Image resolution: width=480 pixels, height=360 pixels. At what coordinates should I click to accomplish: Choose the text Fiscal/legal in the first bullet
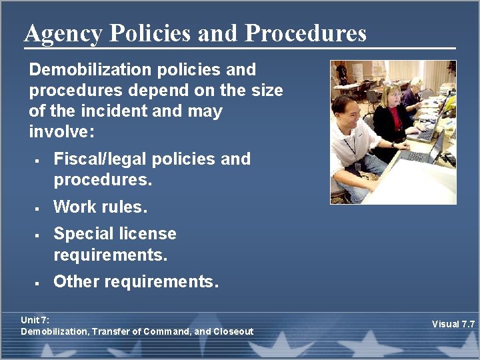pyautogui.click(x=99, y=159)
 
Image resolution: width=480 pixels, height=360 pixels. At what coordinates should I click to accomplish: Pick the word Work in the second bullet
pyautogui.click(x=73, y=207)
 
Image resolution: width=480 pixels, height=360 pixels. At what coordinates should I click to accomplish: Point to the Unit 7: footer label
pyautogui.click(x=35, y=321)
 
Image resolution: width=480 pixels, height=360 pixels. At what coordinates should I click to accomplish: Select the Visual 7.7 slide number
pyautogui.click(x=453, y=324)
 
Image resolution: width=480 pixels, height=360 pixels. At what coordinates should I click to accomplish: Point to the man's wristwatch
pyautogui.click(x=394, y=145)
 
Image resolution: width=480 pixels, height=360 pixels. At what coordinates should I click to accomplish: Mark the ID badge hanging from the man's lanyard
pyautogui.click(x=358, y=165)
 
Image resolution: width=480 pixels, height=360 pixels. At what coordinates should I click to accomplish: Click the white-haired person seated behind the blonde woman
pyautogui.click(x=415, y=90)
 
